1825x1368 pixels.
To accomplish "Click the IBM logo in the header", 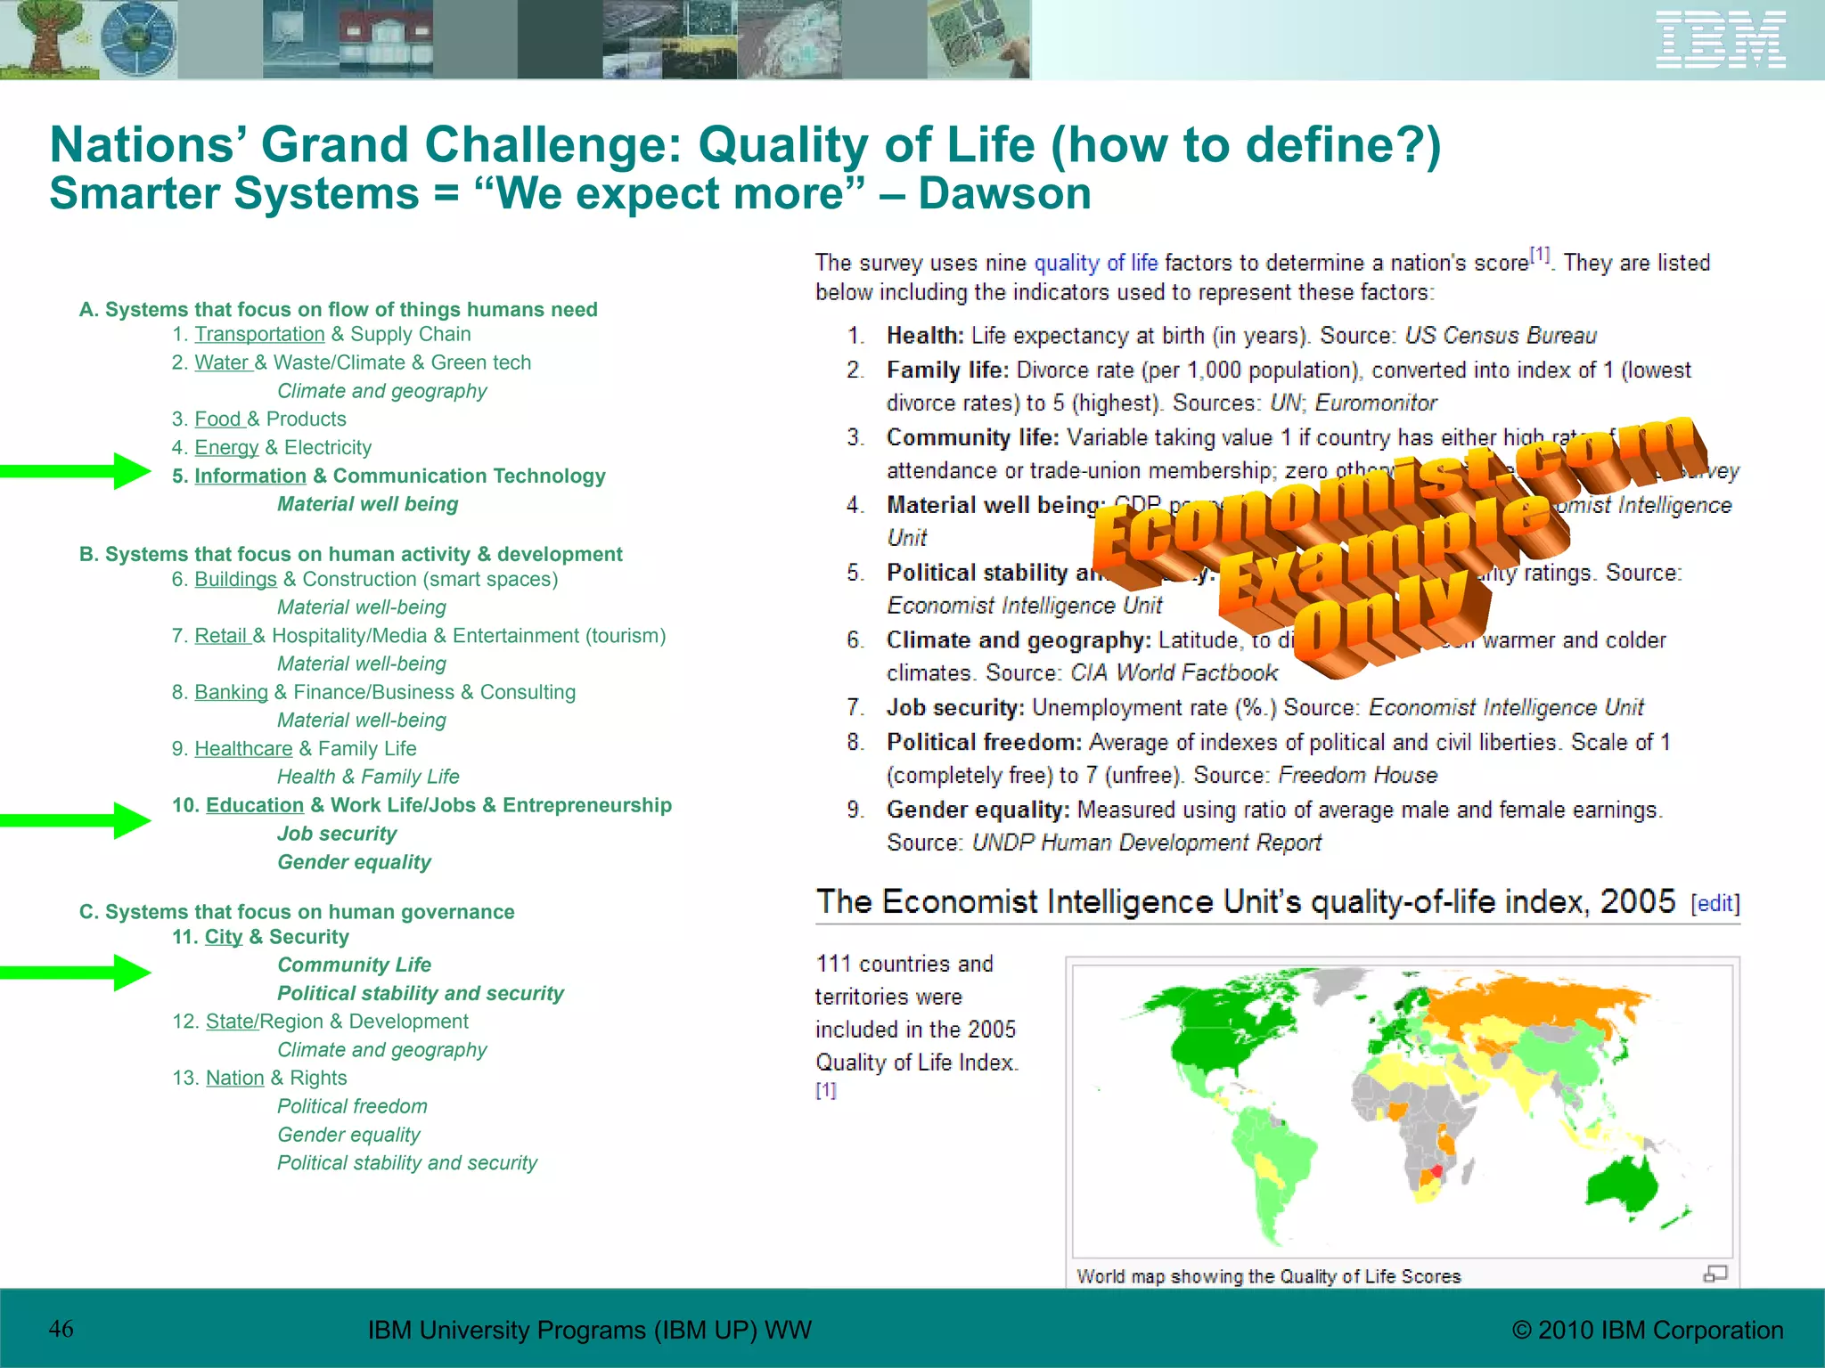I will (x=1720, y=40).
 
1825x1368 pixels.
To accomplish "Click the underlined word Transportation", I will (x=259, y=334).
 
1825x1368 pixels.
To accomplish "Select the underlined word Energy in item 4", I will (x=226, y=447).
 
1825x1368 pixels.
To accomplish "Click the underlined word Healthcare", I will (x=243, y=748).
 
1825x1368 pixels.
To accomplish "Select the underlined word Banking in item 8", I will (x=231, y=692).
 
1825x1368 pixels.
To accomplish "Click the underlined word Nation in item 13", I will (x=234, y=1078).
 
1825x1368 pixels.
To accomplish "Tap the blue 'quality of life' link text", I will (x=1095, y=263).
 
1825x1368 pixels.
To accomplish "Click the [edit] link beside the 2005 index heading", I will (x=1715, y=903).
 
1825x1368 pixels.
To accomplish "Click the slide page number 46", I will (x=61, y=1329).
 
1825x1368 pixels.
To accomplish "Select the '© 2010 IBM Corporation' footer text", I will (x=1647, y=1330).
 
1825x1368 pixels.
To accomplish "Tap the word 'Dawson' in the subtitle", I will (x=1004, y=194).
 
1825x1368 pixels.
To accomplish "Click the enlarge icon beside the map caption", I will (x=1715, y=1274).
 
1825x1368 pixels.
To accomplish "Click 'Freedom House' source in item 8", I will (x=1357, y=775).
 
